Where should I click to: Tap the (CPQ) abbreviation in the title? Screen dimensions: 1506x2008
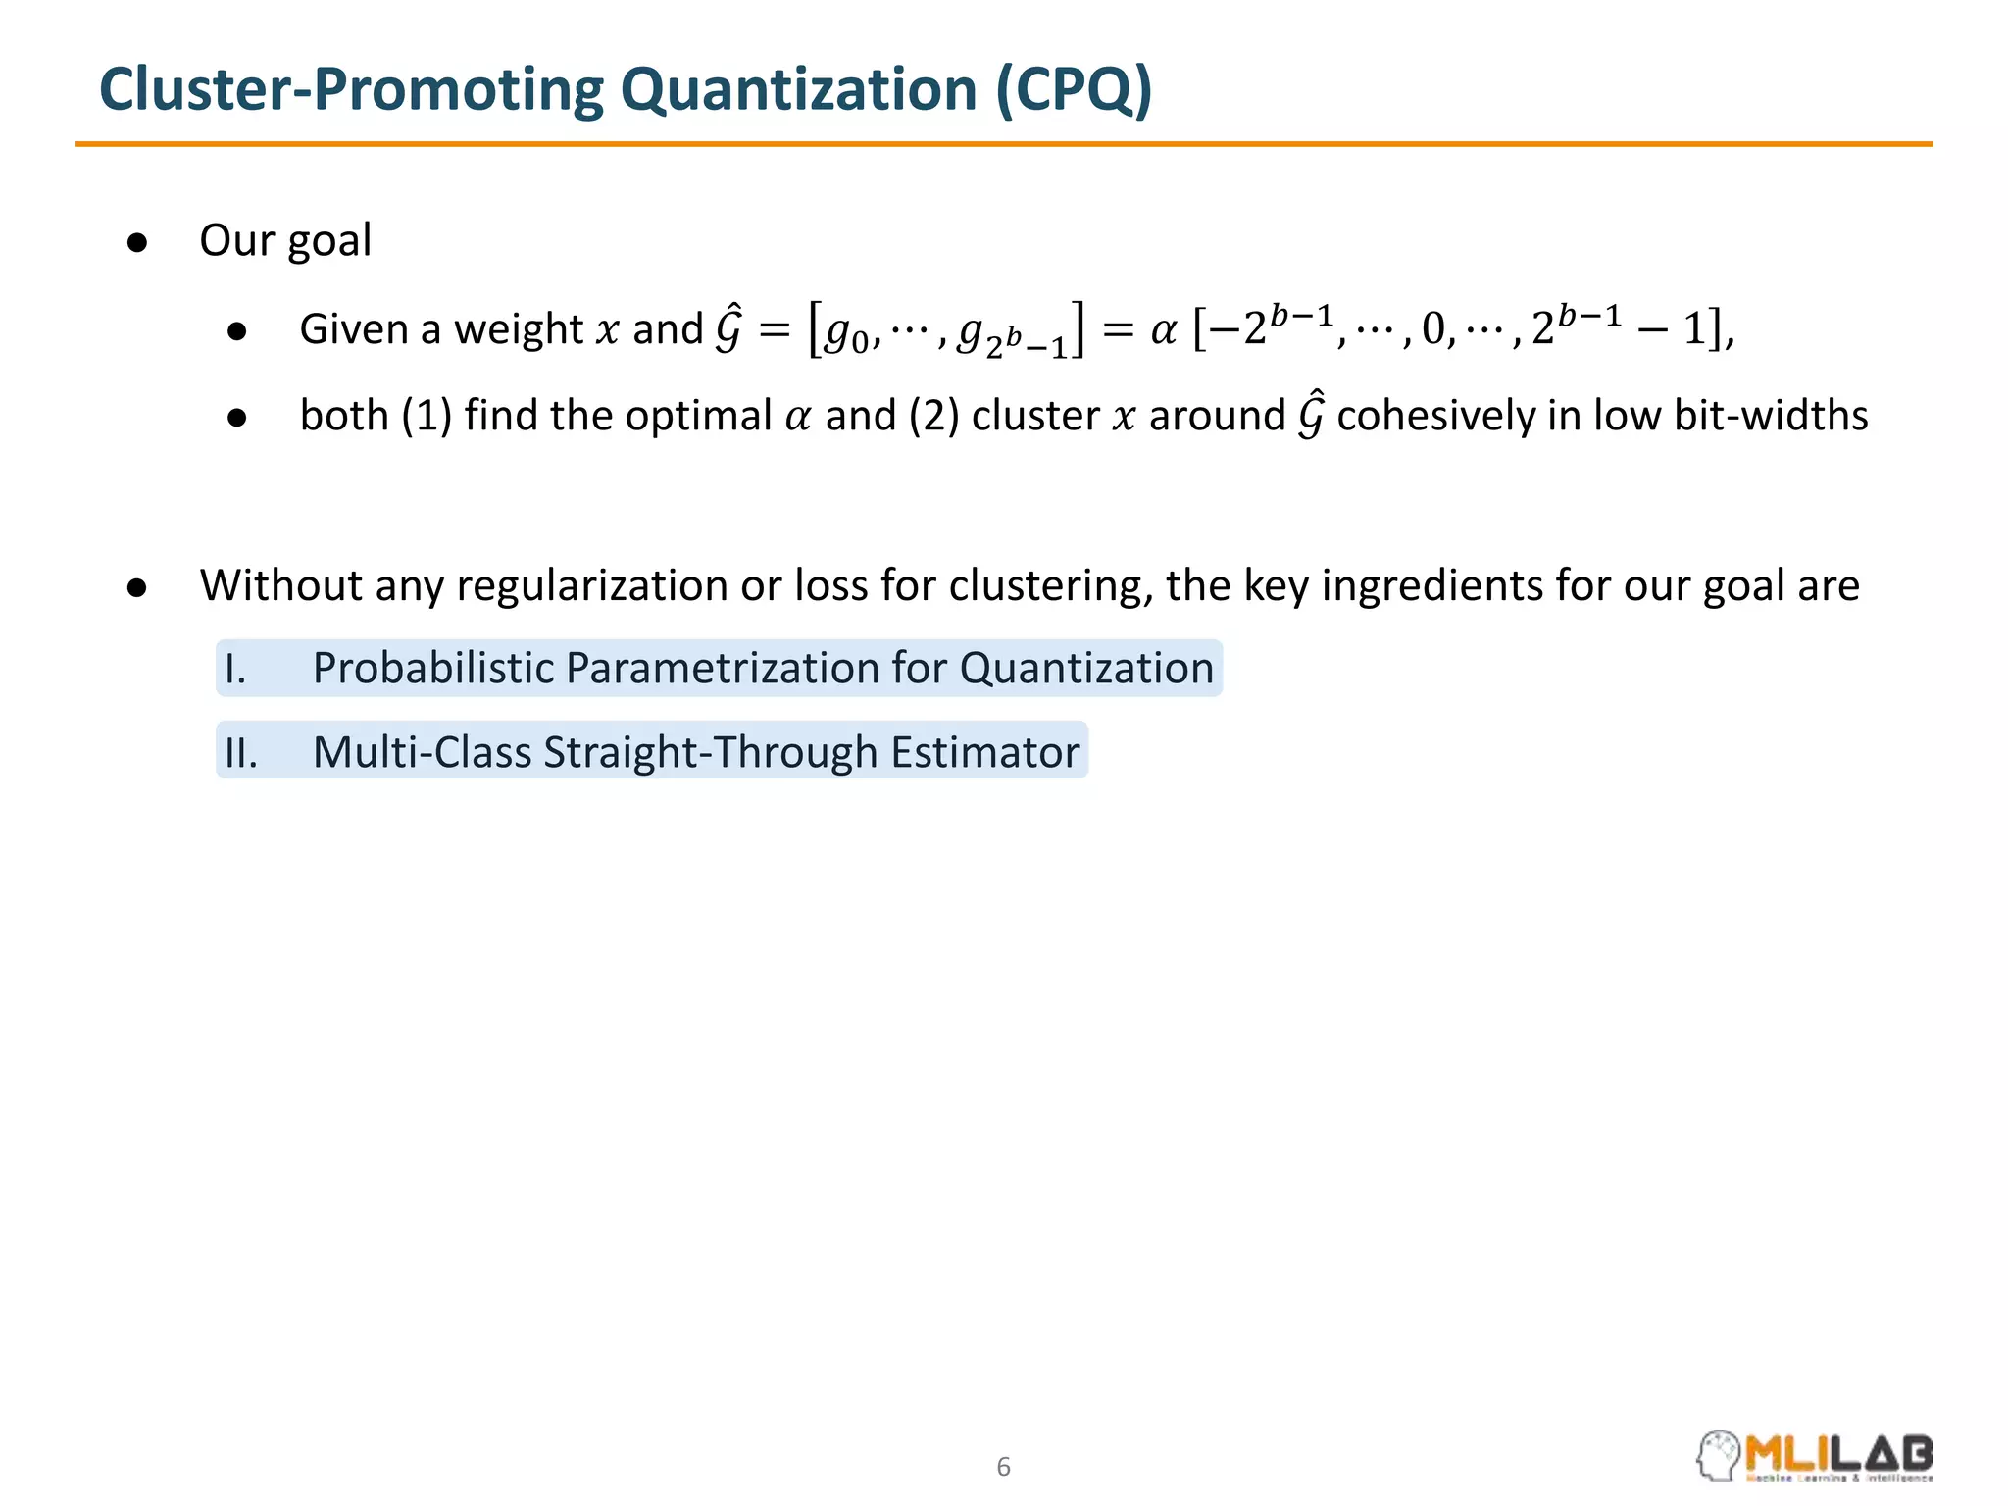pos(1074,89)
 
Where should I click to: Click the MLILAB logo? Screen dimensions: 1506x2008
pos(1815,1456)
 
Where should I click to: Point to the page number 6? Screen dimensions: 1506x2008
pos(1003,1467)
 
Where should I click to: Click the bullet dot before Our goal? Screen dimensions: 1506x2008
pos(137,242)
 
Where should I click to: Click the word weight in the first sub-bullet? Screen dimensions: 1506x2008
pos(519,329)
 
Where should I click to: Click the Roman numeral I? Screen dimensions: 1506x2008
pos(234,669)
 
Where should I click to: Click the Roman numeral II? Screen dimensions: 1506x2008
pos(240,753)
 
